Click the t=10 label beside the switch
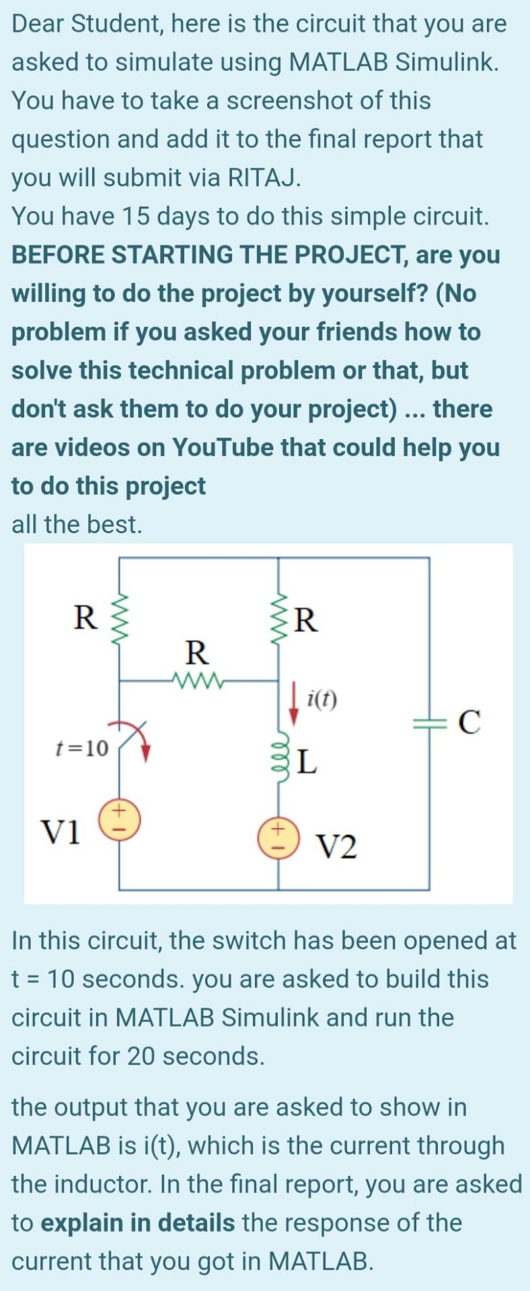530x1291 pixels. tap(82, 748)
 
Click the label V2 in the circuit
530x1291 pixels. tap(336, 847)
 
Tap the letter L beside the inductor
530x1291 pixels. tap(307, 762)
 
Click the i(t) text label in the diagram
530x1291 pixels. tap(321, 701)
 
